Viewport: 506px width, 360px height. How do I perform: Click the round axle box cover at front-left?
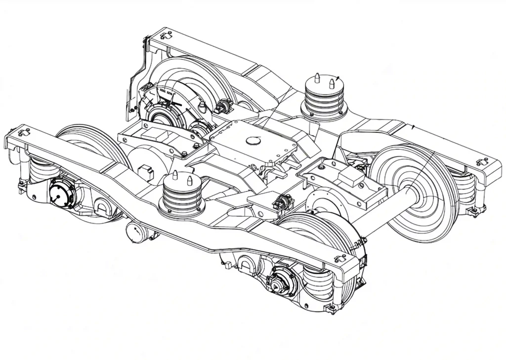(x=62, y=193)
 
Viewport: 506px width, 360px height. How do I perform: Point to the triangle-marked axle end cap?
(x=275, y=283)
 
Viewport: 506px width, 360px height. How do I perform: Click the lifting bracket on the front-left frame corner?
(x=23, y=132)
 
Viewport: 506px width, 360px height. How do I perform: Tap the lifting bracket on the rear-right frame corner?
(x=481, y=161)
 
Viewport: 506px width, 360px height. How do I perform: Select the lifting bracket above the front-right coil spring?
(x=341, y=258)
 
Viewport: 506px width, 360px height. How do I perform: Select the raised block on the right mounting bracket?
(x=351, y=175)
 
